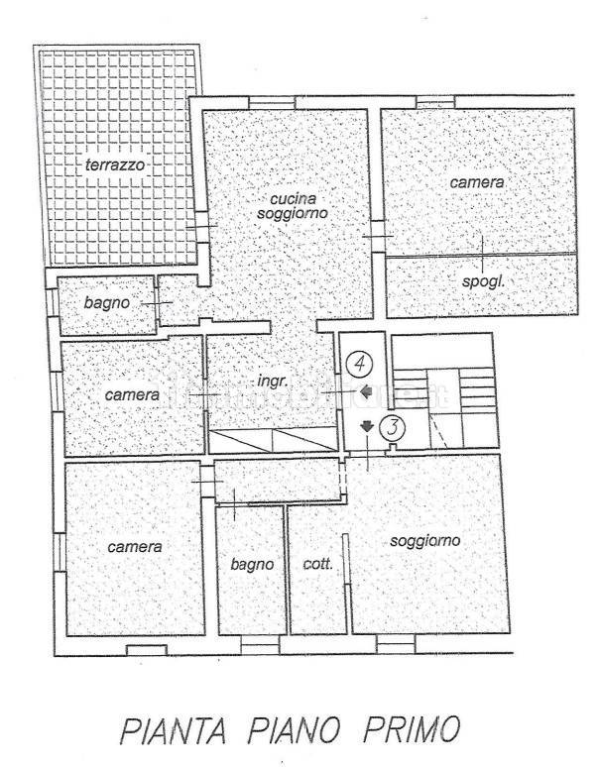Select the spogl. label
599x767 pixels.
[485, 281]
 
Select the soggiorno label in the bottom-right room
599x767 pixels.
[425, 541]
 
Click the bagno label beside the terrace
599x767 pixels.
[107, 303]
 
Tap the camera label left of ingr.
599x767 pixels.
[131, 394]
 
